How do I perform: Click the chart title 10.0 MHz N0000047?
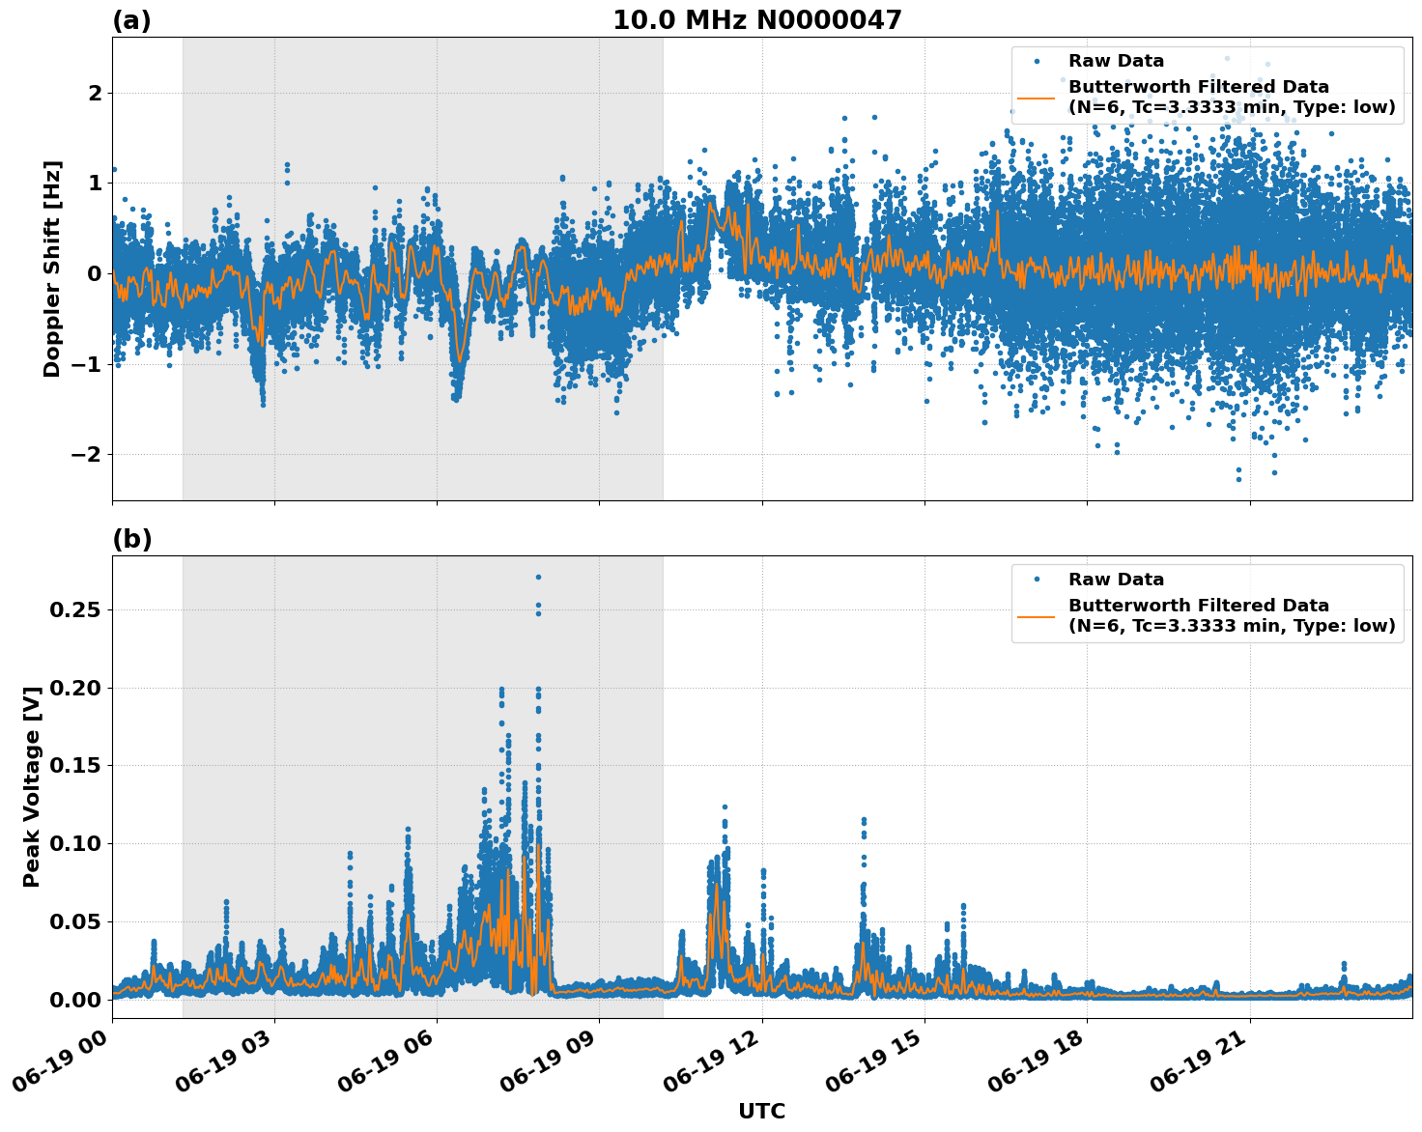pos(756,20)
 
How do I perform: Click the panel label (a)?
pos(131,20)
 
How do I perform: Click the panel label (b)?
pos(131,539)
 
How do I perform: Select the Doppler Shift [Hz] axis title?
pos(52,269)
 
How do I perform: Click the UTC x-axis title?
pos(761,1111)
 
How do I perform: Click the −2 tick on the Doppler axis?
pos(88,455)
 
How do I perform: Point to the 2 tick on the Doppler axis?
pos(95,94)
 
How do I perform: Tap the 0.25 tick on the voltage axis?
pos(78,610)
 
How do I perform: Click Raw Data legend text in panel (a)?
pos(1116,61)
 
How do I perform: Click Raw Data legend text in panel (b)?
pos(1116,580)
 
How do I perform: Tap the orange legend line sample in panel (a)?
pos(1036,97)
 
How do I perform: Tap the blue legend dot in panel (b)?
pos(1036,580)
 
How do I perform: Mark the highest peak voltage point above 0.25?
pos(538,577)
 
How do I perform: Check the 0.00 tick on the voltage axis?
pos(78,1000)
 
